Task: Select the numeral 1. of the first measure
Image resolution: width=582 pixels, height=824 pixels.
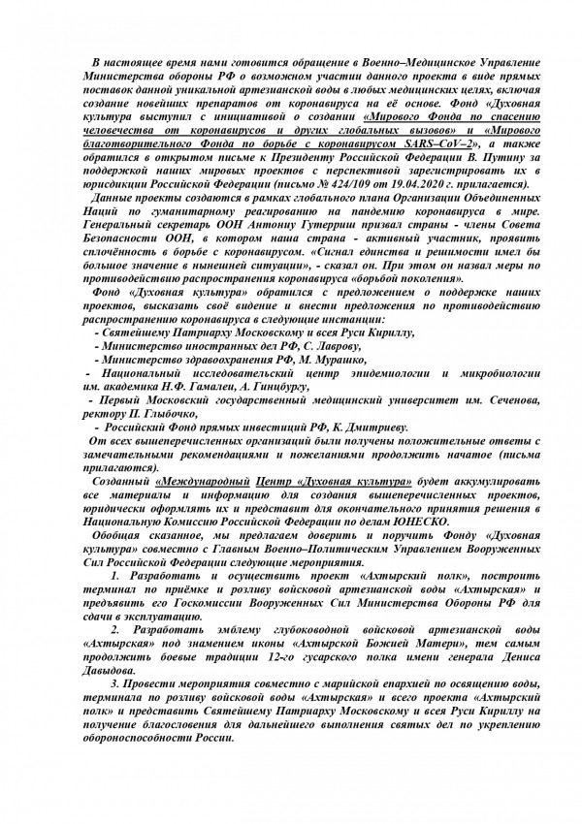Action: click(116, 575)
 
